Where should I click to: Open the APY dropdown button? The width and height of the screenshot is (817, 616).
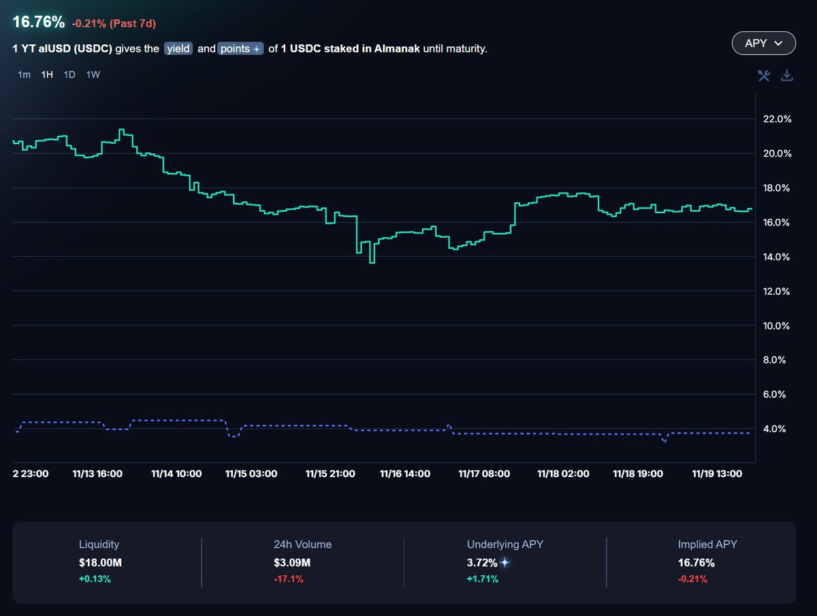[763, 43]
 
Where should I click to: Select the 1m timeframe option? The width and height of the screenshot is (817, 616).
[24, 75]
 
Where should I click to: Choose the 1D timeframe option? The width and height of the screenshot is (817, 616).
[69, 75]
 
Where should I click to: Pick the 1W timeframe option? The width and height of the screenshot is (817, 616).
[93, 75]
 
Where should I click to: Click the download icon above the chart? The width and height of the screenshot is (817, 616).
[787, 76]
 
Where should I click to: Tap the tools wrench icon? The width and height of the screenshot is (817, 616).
[764, 76]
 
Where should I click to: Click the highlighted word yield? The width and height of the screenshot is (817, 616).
[178, 49]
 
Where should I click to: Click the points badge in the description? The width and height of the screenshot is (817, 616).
[240, 49]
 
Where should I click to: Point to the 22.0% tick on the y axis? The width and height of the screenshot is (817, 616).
[778, 119]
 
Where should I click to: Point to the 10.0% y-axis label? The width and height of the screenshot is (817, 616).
[778, 326]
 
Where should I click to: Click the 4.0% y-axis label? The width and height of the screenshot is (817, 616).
[778, 429]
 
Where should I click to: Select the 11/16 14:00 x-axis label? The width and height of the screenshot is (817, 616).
[404, 474]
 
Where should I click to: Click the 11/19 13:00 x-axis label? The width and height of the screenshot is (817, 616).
[717, 474]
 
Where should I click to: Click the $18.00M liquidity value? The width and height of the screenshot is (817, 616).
[100, 563]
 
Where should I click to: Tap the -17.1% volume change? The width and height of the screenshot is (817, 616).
[288, 579]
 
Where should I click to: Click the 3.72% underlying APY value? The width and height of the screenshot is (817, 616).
[481, 563]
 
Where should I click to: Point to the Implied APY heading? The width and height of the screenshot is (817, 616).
[707, 545]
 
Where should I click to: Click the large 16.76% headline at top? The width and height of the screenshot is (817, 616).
[39, 22]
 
